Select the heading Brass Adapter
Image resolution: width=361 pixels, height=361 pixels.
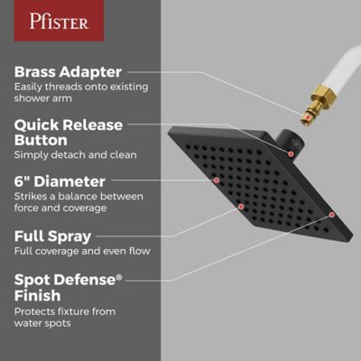[68, 70]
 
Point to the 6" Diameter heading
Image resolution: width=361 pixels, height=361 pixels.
[60, 181]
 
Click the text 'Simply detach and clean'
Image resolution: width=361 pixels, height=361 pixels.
[75, 155]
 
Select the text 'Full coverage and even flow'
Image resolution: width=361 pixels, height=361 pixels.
[81, 251]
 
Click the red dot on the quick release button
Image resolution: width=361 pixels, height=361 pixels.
[292, 153]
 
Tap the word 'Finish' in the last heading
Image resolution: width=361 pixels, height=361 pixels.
[38, 296]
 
